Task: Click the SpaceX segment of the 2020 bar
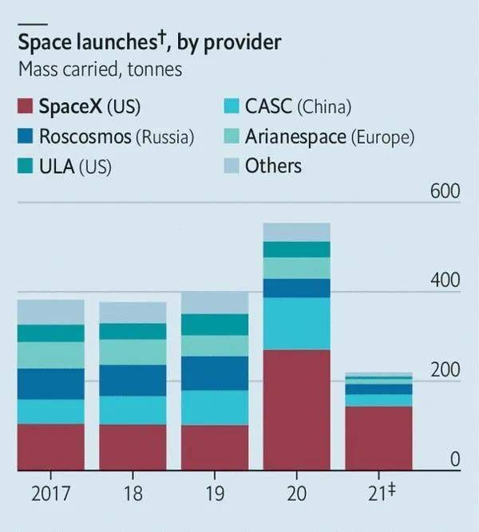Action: click(296, 409)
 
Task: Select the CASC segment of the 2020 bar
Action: click(296, 323)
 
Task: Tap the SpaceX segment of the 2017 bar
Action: click(50, 447)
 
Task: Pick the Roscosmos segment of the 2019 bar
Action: click(214, 372)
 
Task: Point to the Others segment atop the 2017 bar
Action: click(50, 312)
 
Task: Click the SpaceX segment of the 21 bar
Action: click(378, 438)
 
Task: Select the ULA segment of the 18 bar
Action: click(133, 331)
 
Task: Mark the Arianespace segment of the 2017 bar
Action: click(50, 355)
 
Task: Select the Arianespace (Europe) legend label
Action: click(329, 136)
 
